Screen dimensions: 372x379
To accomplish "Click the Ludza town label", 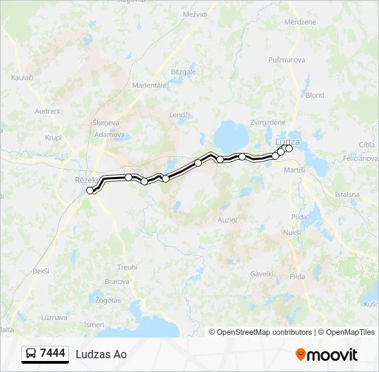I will click(287, 141).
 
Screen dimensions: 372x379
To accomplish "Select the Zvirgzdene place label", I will click(268, 122).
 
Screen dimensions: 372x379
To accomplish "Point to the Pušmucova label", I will click(287, 60).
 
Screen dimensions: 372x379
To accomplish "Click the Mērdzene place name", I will click(300, 22).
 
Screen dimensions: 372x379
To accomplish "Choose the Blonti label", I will click(314, 95).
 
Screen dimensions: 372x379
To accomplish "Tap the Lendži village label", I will click(179, 115).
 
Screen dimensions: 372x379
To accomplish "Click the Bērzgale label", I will click(183, 72).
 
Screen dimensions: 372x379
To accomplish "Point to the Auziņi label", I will click(227, 220).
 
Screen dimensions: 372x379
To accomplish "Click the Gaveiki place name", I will click(262, 273).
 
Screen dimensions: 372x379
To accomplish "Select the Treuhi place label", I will click(127, 267).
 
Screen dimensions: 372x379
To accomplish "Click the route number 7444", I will click(53, 353).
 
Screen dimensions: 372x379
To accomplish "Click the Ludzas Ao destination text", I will click(101, 354).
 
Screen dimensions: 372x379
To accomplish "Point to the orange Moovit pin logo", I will click(300, 355).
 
